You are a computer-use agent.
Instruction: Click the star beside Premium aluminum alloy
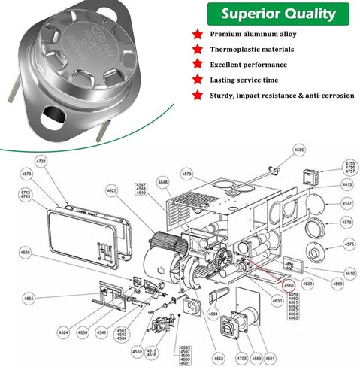coord(198,35)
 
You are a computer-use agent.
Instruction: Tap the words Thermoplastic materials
coord(252,50)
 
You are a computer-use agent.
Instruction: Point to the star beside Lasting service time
coord(198,79)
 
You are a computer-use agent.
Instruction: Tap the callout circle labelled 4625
coord(111,191)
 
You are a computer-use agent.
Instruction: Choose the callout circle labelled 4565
coord(299,150)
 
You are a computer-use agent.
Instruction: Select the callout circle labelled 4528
coord(25,252)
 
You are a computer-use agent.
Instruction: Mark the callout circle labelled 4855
coord(29,299)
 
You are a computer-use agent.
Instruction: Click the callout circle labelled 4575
coord(348,244)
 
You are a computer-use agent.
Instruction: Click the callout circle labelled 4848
coord(162,183)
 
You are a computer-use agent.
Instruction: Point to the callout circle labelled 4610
coord(349,273)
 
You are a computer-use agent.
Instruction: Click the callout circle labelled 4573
coord(187,174)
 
